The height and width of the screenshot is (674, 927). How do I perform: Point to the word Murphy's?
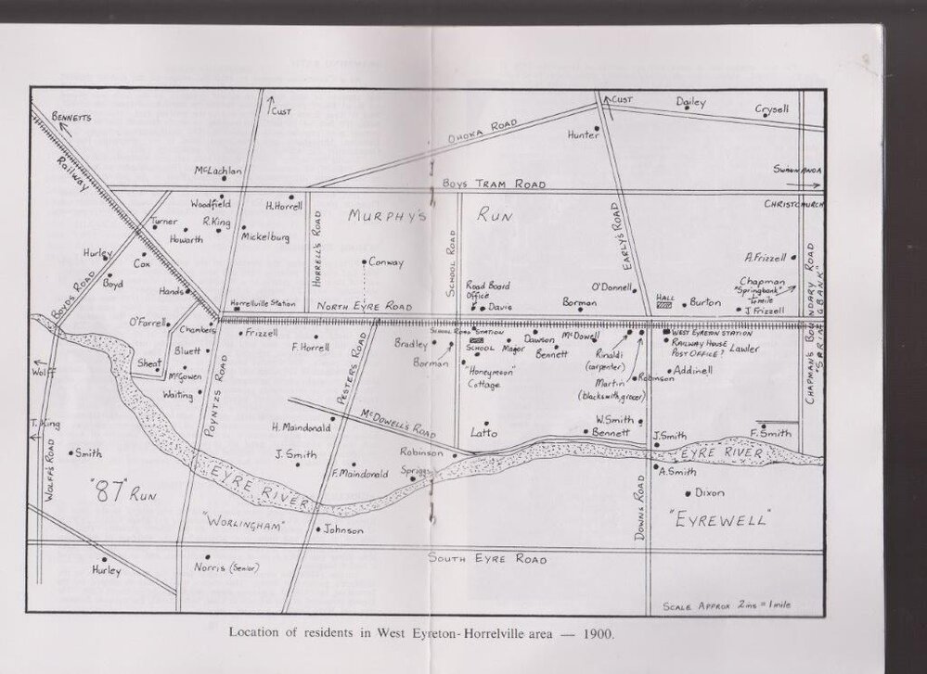(x=386, y=216)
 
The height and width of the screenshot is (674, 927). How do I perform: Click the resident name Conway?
(x=386, y=262)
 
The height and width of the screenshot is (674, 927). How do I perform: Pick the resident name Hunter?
(x=583, y=134)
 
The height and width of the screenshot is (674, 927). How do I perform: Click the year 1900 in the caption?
(x=597, y=635)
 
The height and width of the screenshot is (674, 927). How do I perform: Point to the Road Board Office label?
(x=487, y=290)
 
